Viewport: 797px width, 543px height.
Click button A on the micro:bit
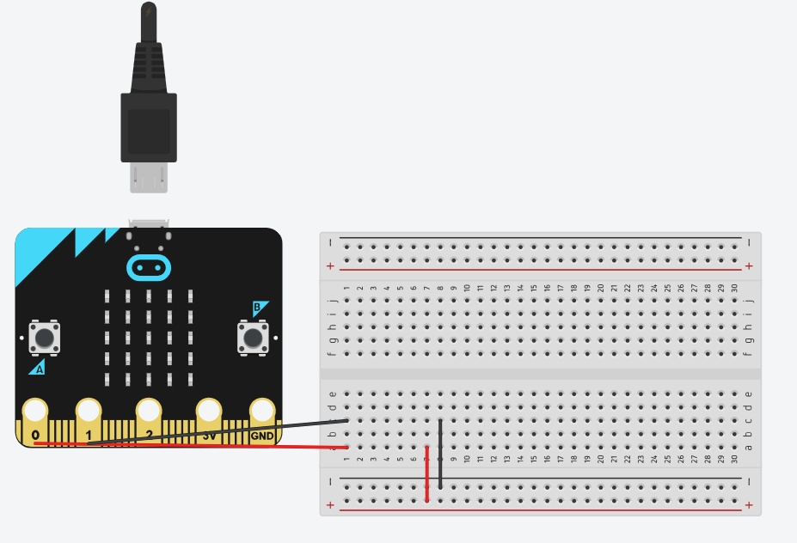(x=45, y=337)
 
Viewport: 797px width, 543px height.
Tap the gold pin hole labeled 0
(x=35, y=411)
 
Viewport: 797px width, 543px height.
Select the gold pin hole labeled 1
(x=89, y=411)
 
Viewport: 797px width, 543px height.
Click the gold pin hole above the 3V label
(x=209, y=411)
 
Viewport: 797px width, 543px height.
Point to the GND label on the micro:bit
(x=261, y=436)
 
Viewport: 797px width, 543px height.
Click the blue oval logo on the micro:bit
(x=149, y=267)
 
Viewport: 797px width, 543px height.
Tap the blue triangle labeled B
(x=259, y=308)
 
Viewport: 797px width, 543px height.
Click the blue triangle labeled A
(x=38, y=368)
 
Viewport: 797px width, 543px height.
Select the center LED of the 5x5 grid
(x=149, y=338)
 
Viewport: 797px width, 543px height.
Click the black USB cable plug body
(x=149, y=125)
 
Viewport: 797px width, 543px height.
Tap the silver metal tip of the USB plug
(x=149, y=177)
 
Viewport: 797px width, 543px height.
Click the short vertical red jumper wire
(x=426, y=473)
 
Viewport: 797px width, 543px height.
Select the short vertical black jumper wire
(x=440, y=454)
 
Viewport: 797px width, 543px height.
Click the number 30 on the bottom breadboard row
(x=734, y=459)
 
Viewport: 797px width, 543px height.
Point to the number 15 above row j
(x=533, y=289)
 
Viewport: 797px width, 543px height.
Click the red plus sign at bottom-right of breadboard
(x=749, y=504)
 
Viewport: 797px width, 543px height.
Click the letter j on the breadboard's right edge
(x=750, y=301)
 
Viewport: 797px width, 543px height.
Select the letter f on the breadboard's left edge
(x=332, y=353)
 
